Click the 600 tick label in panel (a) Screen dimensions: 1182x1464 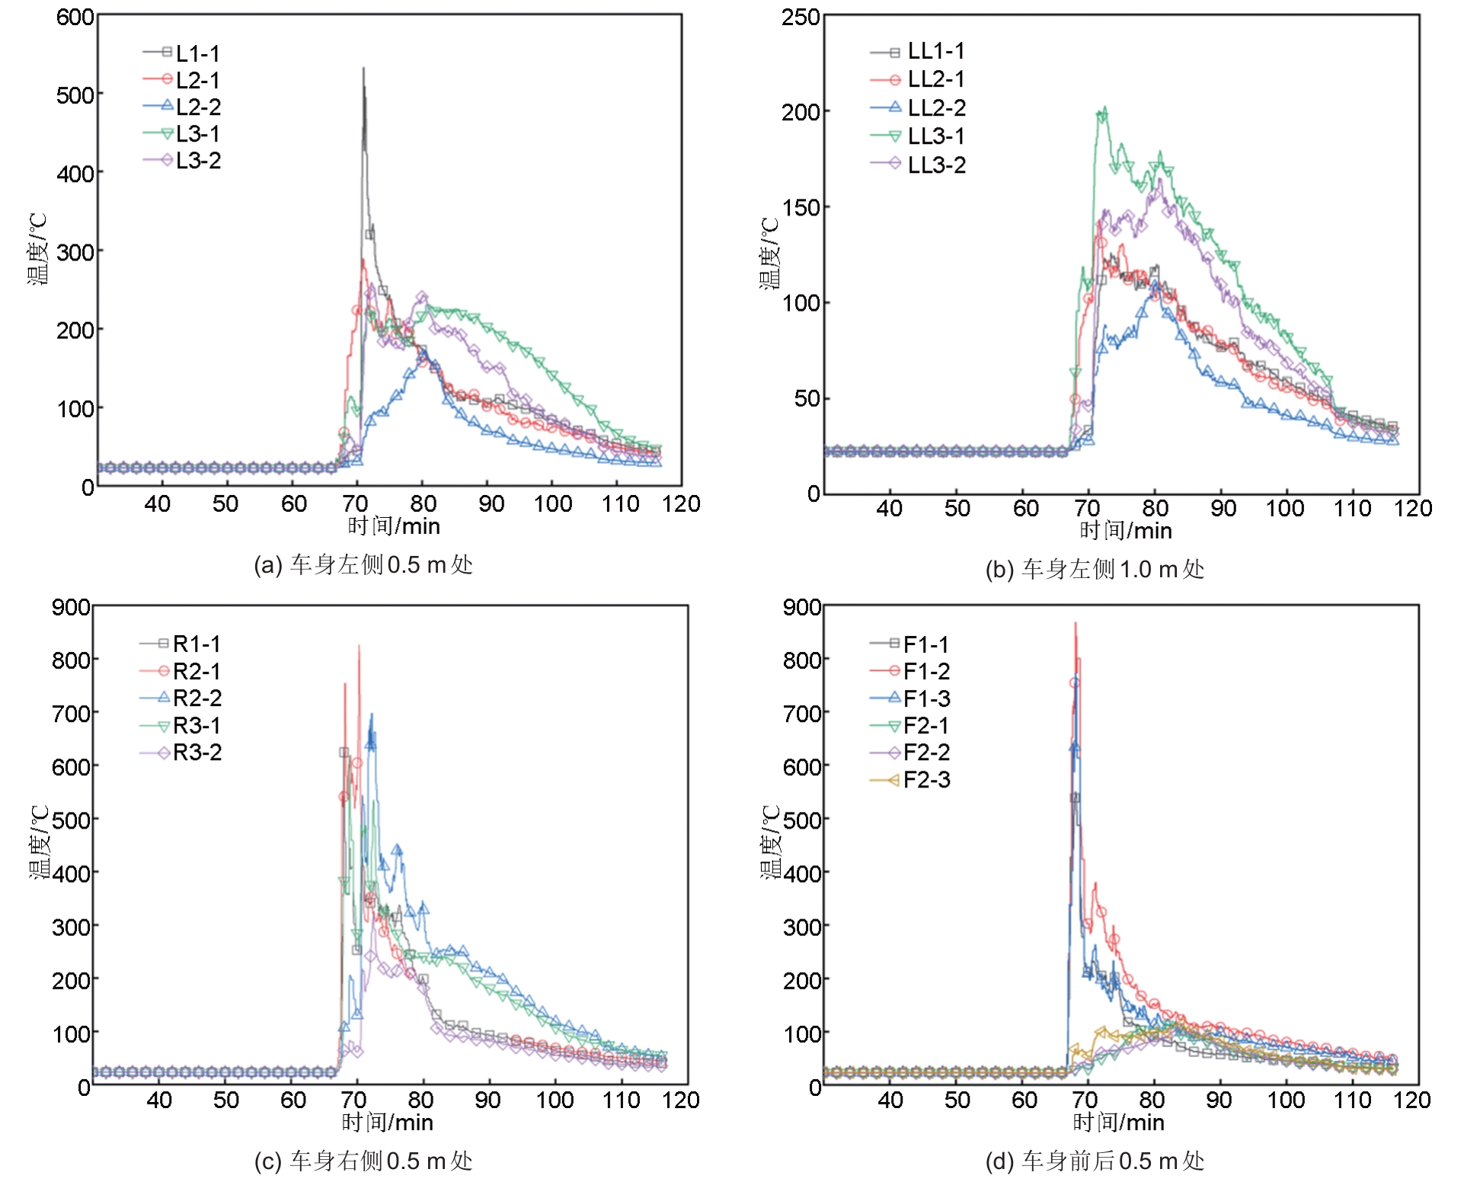coord(75,17)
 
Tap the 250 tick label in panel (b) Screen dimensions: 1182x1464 coord(800,17)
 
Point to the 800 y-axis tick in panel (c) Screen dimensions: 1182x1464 coord(71,660)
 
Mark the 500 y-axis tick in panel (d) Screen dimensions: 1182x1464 coord(801,820)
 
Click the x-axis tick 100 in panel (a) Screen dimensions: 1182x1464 coord(552,503)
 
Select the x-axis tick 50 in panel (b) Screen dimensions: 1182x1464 coord(957,508)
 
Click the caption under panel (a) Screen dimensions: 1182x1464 coord(363,565)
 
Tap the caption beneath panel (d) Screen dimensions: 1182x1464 coord(1095,1161)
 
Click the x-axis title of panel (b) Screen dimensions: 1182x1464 coord(1125,531)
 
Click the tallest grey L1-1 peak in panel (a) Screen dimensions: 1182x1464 coord(363,69)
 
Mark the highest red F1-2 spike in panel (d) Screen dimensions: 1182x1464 coord(1076,623)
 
